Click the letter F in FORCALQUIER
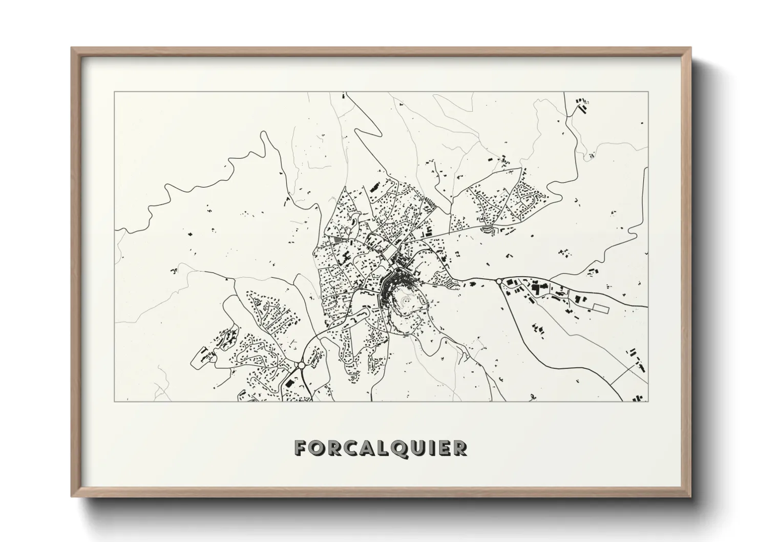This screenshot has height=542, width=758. tap(301, 448)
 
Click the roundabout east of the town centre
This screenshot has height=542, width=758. tap(498, 281)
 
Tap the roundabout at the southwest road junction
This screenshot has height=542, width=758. tap(300, 365)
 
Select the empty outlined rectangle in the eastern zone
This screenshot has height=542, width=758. tap(600, 308)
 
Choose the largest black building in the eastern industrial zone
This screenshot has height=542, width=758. tap(537, 289)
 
